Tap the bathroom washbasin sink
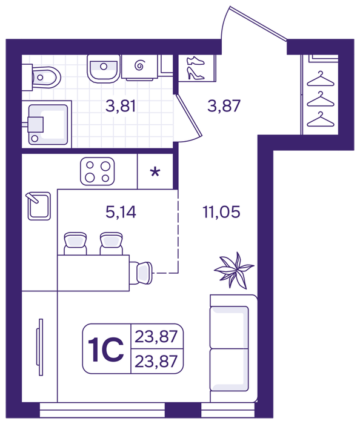tap(104, 68)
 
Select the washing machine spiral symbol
tap(140, 65)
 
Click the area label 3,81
tap(121, 106)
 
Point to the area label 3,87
tap(224, 106)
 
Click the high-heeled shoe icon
tap(195, 73)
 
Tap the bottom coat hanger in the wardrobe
tap(321, 119)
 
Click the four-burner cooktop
tap(98, 171)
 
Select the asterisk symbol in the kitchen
tap(155, 171)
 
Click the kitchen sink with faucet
tap(39, 205)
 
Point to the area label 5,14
tap(121, 212)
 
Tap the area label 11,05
tap(221, 212)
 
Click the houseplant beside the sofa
tap(234, 270)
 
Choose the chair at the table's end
tap(141, 273)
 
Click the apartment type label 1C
tap(106, 349)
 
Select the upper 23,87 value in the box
tap(156, 337)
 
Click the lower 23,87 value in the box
tap(156, 361)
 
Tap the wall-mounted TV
tap(40, 347)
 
